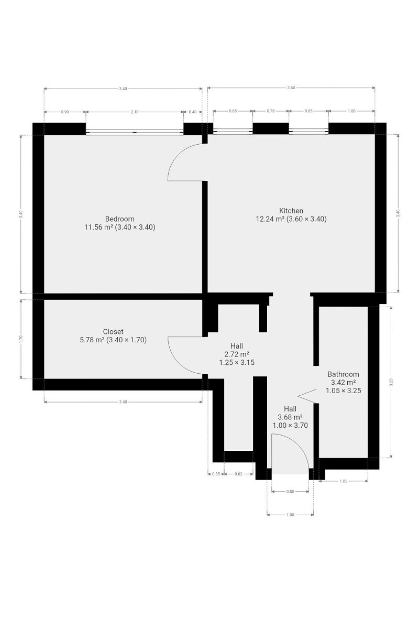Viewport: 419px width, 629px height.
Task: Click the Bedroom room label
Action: [119, 219]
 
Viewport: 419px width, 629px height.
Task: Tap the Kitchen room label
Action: [291, 211]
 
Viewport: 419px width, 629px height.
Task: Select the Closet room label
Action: [113, 332]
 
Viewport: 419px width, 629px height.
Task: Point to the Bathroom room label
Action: [343, 374]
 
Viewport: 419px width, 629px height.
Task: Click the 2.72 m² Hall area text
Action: [237, 354]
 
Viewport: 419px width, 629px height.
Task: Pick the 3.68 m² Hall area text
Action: [290, 417]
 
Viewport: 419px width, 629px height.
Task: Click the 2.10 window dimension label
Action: [135, 112]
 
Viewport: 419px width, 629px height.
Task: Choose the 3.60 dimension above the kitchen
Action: [291, 88]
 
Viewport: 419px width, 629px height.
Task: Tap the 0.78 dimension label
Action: [271, 111]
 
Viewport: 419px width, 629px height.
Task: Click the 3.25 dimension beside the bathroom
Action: [391, 382]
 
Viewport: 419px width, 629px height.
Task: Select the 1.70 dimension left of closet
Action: [21, 339]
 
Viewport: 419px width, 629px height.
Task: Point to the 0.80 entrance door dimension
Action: [290, 492]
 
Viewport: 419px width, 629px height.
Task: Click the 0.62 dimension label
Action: [238, 474]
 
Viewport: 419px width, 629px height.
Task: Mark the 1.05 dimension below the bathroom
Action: [343, 481]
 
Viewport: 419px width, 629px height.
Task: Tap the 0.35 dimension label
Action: [216, 474]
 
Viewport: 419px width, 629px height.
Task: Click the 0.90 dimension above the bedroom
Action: [65, 112]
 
